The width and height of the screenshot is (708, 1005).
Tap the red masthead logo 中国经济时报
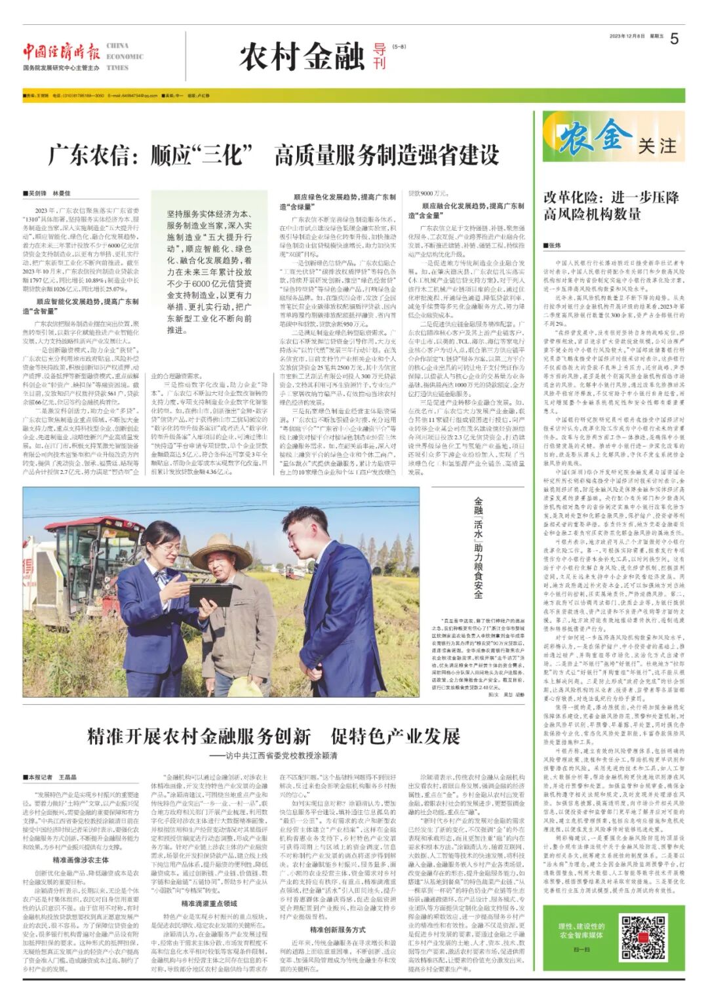coord(62,52)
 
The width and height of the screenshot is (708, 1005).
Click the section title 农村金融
coord(302,56)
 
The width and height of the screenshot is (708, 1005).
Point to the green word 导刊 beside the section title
coord(379,56)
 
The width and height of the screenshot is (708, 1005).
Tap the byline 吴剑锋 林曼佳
coord(49,193)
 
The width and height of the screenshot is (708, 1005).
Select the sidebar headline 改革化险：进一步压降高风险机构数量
coord(610,206)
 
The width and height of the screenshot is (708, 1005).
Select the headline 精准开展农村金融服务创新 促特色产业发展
coord(273,736)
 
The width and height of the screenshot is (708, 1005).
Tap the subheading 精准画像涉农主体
coord(81,860)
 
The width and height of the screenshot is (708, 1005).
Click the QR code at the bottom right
coord(643,936)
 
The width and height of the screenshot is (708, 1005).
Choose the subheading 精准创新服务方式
coord(338,930)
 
